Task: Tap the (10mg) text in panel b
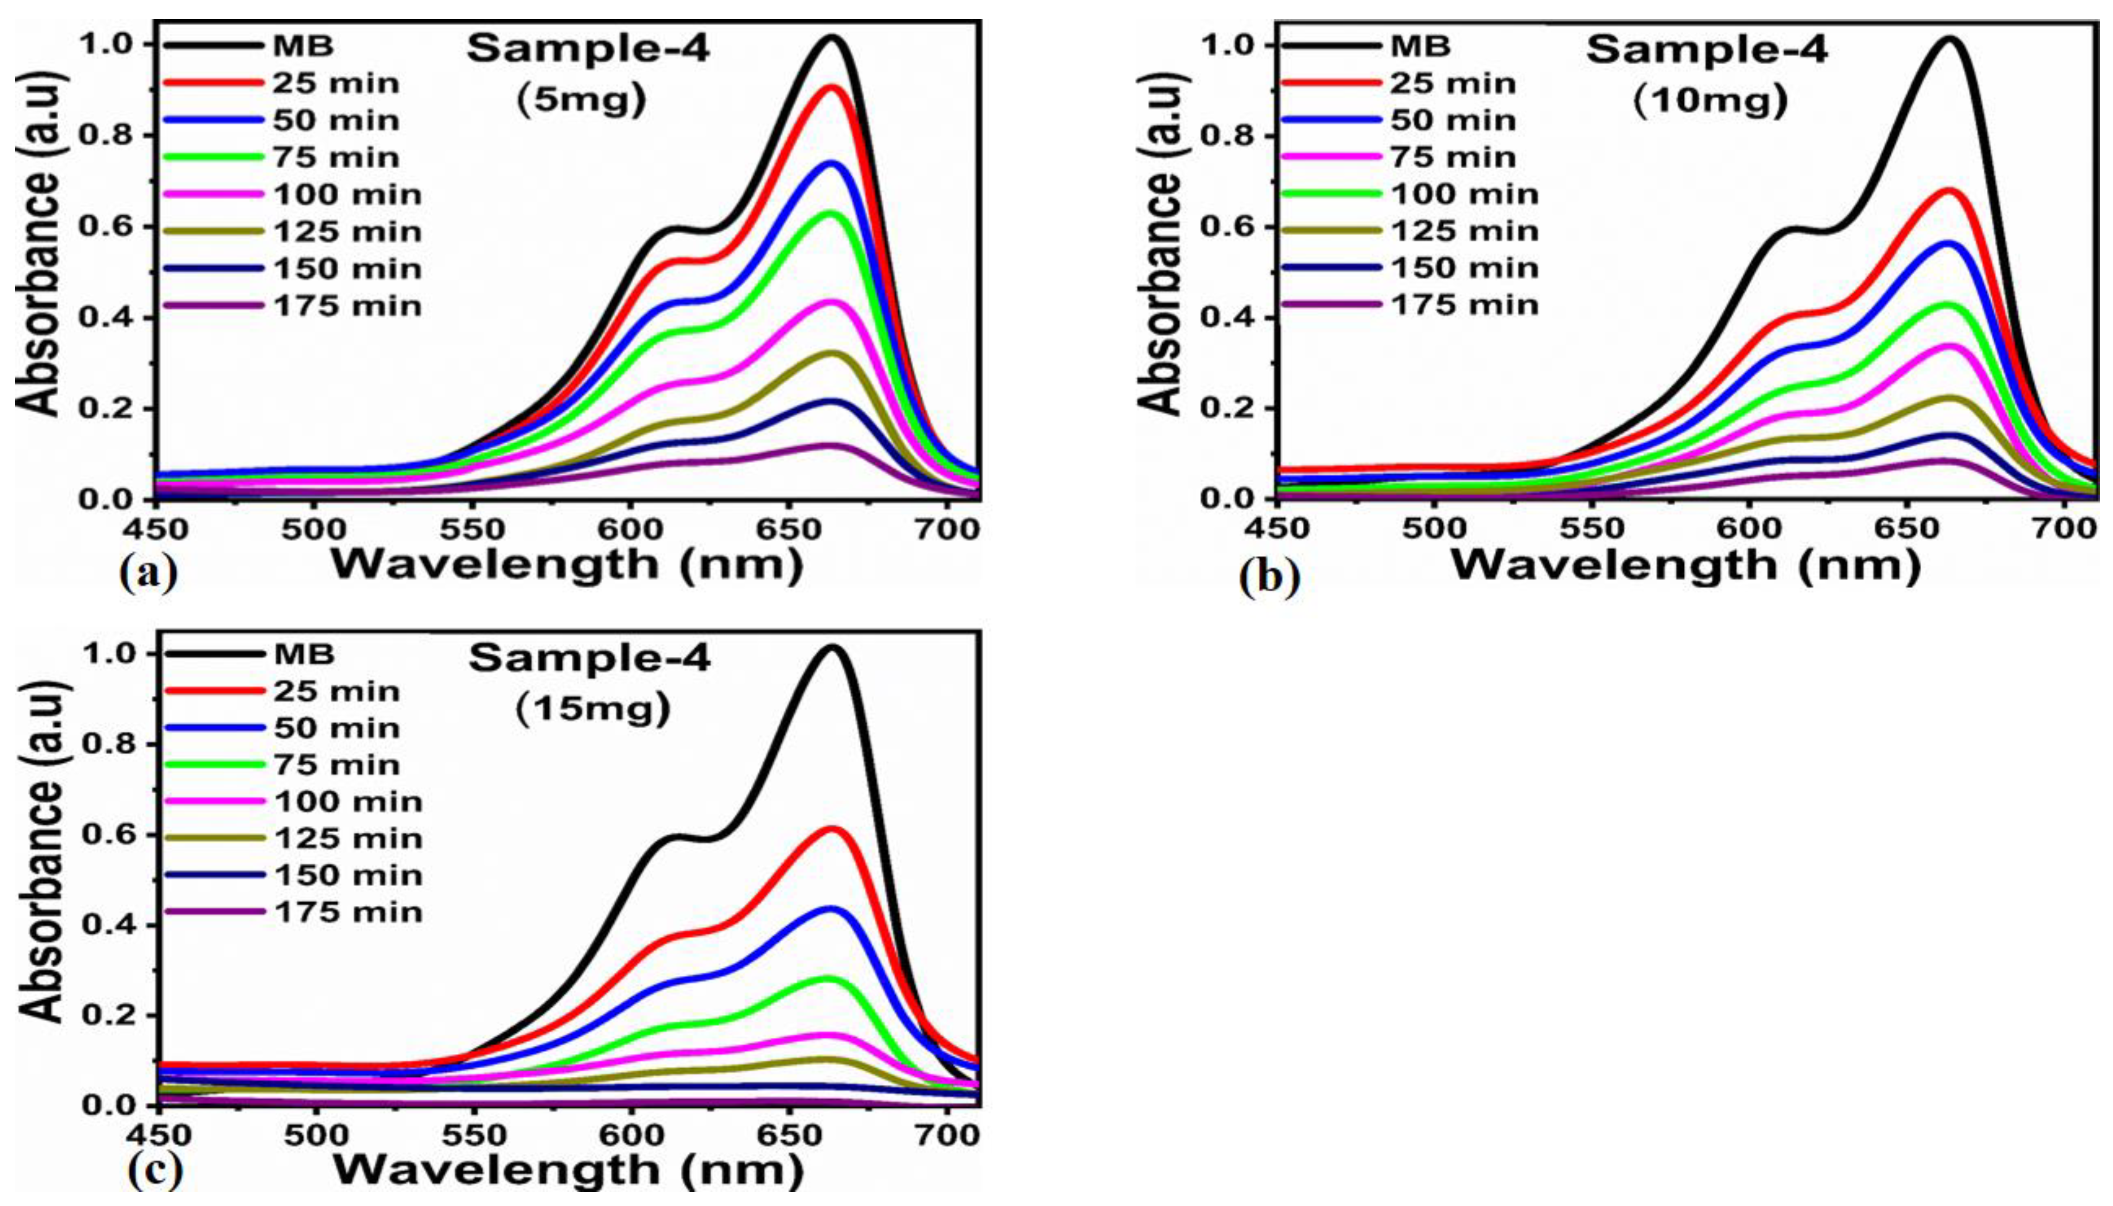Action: pos(1710,101)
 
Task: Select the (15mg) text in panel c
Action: pos(593,709)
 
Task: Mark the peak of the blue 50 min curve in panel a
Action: pos(831,163)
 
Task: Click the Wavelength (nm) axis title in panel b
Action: pos(1686,565)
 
